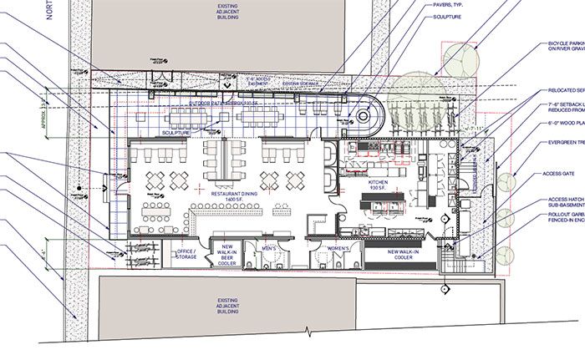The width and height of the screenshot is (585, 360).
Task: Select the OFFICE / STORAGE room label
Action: pyautogui.click(x=186, y=253)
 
